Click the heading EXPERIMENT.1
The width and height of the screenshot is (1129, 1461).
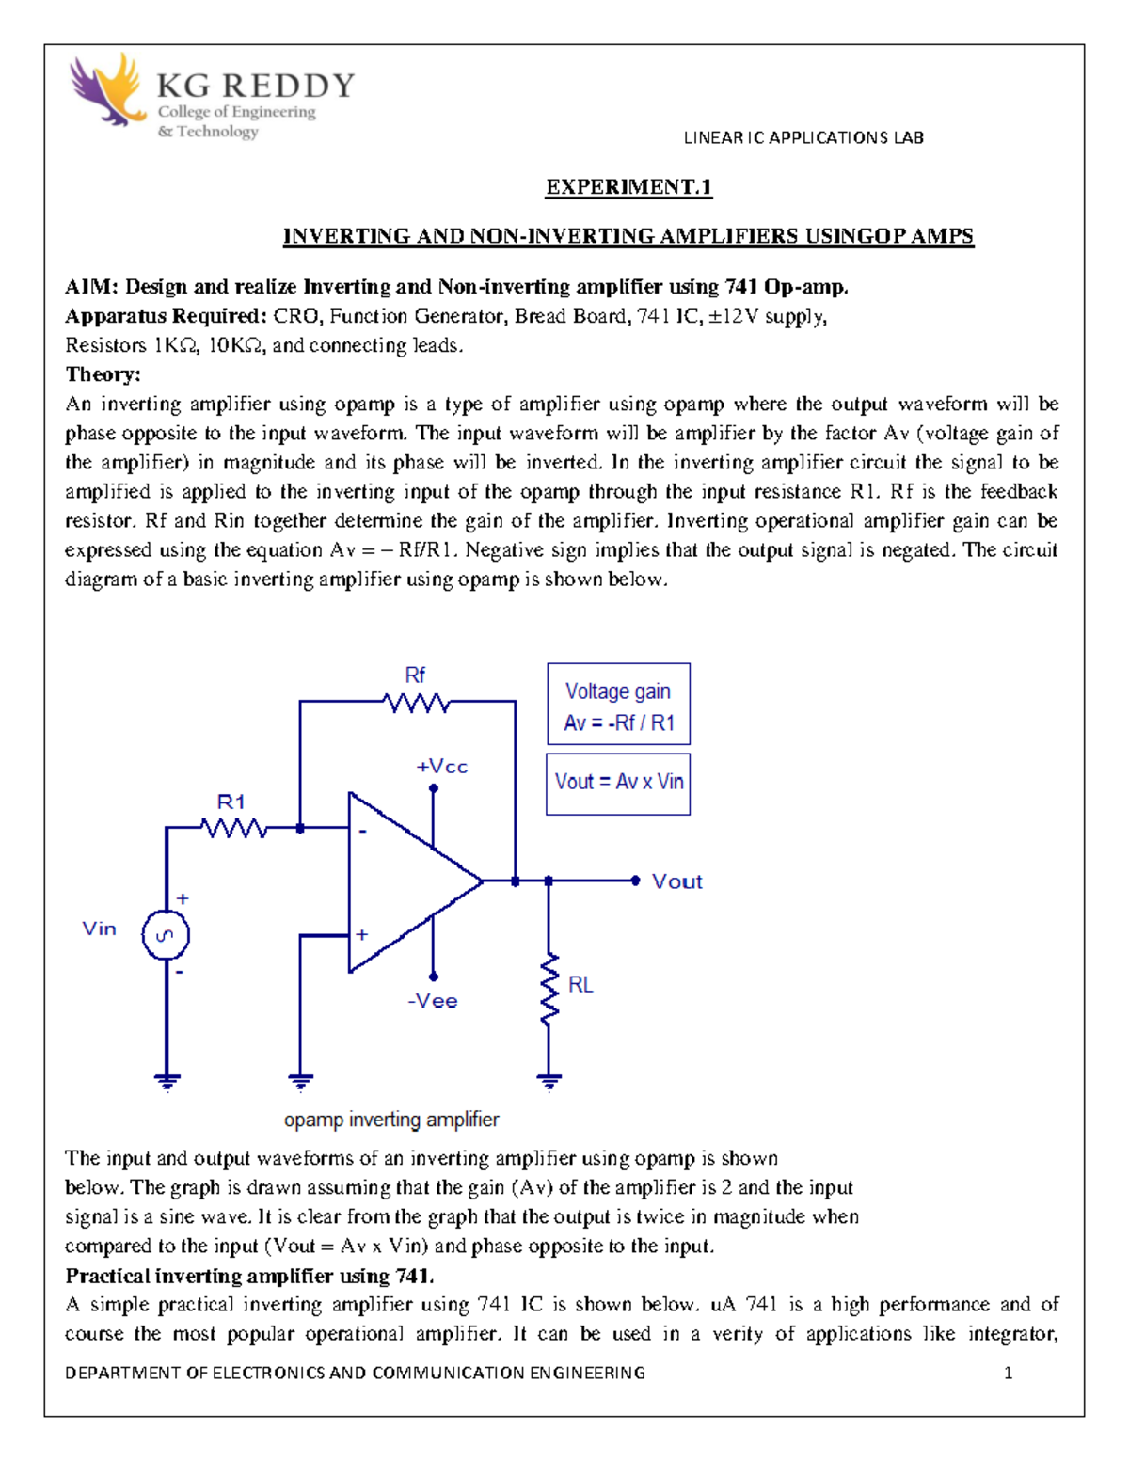click(x=628, y=187)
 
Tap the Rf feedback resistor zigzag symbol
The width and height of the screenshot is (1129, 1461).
click(x=416, y=702)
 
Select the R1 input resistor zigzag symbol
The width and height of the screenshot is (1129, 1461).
click(x=234, y=828)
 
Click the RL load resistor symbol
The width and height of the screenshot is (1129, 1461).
click(x=549, y=989)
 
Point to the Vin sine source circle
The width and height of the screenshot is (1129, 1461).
click(x=166, y=936)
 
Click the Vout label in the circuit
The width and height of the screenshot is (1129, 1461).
click(x=676, y=881)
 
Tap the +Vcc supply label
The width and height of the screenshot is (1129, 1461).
click(x=441, y=767)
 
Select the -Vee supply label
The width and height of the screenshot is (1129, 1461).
click(x=433, y=1001)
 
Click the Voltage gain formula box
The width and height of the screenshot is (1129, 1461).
click(x=618, y=706)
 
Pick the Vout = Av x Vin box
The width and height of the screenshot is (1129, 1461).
click(x=618, y=783)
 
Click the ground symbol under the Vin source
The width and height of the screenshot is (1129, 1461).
click(x=167, y=1082)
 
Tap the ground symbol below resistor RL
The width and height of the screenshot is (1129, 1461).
click(x=549, y=1082)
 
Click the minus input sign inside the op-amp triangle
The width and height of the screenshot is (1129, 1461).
click(x=362, y=832)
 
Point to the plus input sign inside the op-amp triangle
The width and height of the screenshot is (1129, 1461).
click(x=362, y=935)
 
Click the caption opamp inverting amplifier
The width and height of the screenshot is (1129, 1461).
click(x=391, y=1120)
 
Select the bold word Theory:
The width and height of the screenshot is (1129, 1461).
click(x=103, y=374)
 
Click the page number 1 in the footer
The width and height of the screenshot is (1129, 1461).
click(x=1009, y=1373)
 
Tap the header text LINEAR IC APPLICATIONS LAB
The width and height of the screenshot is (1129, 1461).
click(x=803, y=137)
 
